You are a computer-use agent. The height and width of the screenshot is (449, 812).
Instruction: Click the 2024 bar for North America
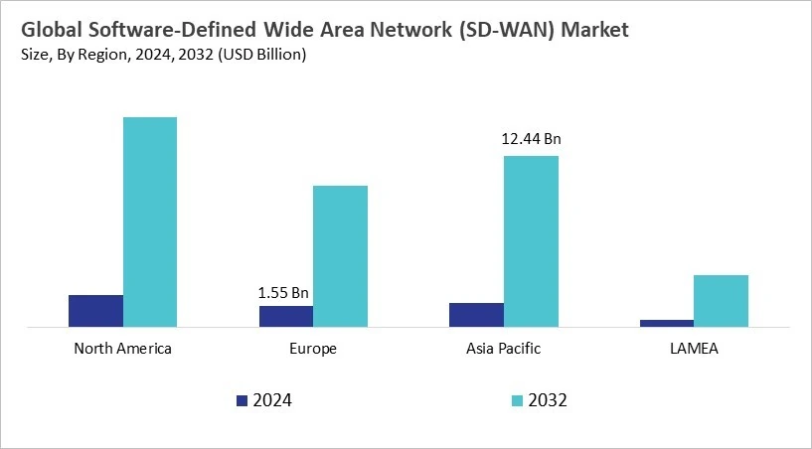tap(95, 310)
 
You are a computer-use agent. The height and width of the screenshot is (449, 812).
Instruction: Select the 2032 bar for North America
tap(150, 222)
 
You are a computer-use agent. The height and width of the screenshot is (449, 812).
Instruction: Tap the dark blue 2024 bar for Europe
tap(286, 315)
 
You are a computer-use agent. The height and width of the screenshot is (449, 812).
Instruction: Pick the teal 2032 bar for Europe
tap(341, 255)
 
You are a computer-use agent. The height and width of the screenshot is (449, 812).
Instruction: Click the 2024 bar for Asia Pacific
tap(476, 314)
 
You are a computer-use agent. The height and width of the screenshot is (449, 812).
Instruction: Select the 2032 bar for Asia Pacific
tap(531, 240)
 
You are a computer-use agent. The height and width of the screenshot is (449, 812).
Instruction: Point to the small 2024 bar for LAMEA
tap(667, 322)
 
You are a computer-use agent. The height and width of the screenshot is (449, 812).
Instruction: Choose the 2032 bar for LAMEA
tap(721, 300)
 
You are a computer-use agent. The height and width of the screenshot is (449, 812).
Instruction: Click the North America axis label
tap(122, 349)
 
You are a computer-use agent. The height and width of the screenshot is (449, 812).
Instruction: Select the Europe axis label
tap(313, 349)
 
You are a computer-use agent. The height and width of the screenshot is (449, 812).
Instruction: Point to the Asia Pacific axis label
tap(503, 349)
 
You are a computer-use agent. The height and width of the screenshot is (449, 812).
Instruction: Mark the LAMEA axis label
tap(694, 349)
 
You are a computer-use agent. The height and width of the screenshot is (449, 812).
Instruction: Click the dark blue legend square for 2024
tap(242, 400)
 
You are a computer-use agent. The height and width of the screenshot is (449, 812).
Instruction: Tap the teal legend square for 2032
tap(517, 400)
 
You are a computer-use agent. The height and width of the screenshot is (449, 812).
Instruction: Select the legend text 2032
tap(548, 400)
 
